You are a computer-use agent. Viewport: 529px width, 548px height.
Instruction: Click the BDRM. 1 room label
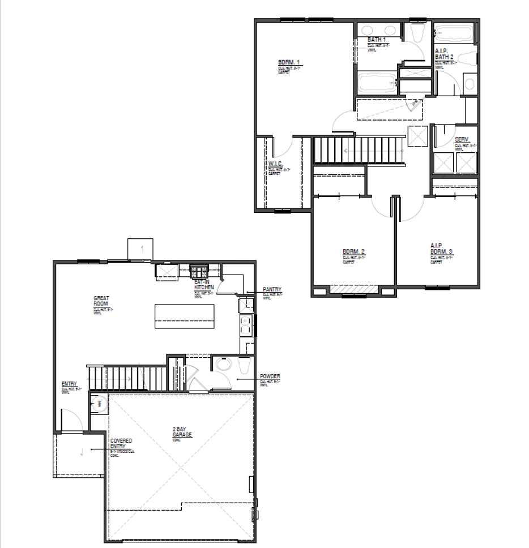pos(289,63)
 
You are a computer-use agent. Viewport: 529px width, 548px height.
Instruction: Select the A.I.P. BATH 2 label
pos(445,54)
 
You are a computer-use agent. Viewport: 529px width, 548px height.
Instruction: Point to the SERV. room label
pos(462,140)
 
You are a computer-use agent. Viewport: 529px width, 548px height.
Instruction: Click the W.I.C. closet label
pos(275,165)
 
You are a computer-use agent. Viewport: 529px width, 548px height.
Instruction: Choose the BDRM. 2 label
pos(353,252)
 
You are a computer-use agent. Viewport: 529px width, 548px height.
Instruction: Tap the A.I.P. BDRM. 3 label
pos(441,249)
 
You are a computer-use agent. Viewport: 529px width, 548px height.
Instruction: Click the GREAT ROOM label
pos(101,301)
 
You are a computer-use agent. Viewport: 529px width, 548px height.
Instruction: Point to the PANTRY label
pos(272,290)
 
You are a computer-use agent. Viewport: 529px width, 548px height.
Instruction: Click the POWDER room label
pos(270,376)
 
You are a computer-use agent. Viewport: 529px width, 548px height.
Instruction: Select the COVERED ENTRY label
pos(121,443)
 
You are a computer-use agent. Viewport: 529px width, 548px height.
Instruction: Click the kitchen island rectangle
pos(185,315)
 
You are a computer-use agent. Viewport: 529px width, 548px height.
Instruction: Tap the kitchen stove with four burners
pos(199,271)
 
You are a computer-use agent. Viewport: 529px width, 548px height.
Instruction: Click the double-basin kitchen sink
pos(247,325)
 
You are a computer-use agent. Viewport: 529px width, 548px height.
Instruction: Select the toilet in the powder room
pos(244,366)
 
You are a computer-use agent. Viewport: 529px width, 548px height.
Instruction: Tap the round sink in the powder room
pos(221,365)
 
